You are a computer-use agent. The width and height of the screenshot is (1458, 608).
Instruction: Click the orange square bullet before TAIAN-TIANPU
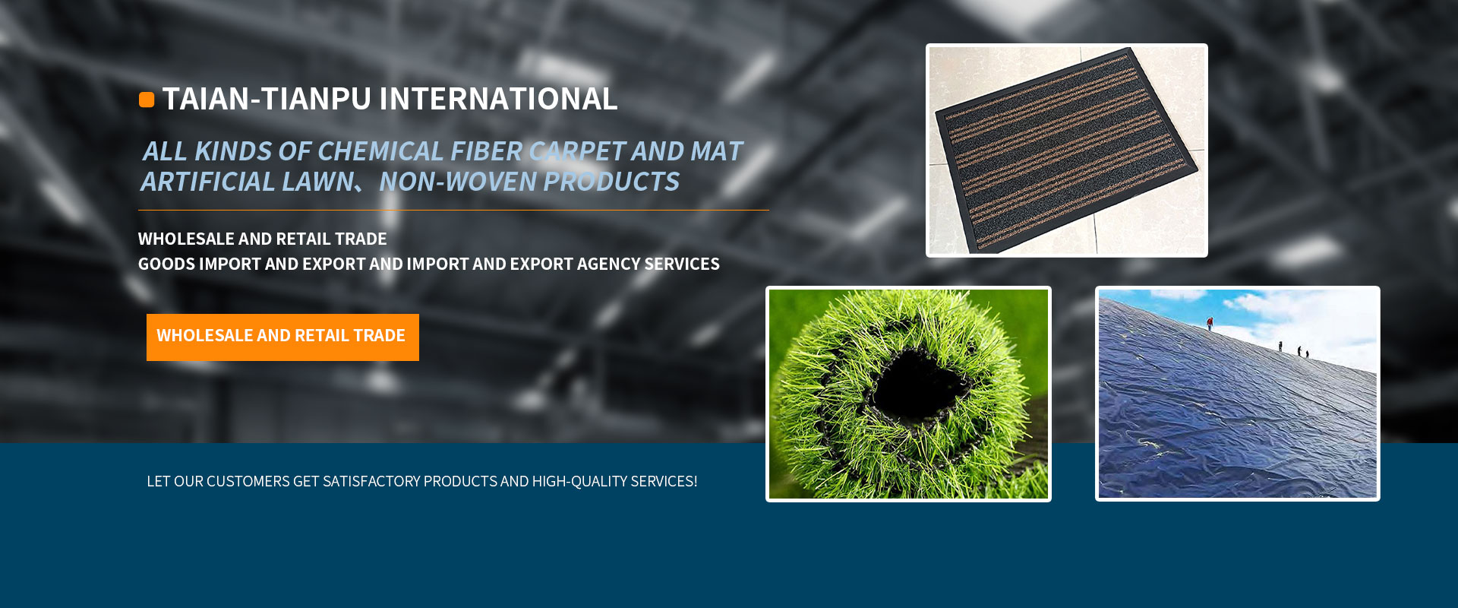tap(147, 100)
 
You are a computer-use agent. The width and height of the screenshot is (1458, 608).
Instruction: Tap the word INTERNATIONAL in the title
tap(498, 99)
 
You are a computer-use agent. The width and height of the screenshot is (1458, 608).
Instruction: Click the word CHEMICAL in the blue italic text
tap(380, 151)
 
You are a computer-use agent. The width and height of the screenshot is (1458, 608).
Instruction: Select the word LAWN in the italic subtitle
tap(317, 182)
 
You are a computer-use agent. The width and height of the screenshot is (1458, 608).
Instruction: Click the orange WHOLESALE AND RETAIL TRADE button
tap(282, 337)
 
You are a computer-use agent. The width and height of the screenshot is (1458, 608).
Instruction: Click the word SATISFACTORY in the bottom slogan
tap(371, 481)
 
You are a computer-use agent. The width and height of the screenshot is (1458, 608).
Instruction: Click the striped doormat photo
tap(1067, 150)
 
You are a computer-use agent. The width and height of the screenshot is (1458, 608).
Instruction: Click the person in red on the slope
tap(1210, 323)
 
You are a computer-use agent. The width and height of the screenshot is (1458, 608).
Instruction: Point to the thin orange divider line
tap(453, 210)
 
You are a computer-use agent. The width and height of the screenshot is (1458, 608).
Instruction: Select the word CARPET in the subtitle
tap(577, 151)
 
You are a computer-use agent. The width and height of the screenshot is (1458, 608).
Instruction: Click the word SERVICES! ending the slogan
tap(664, 481)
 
